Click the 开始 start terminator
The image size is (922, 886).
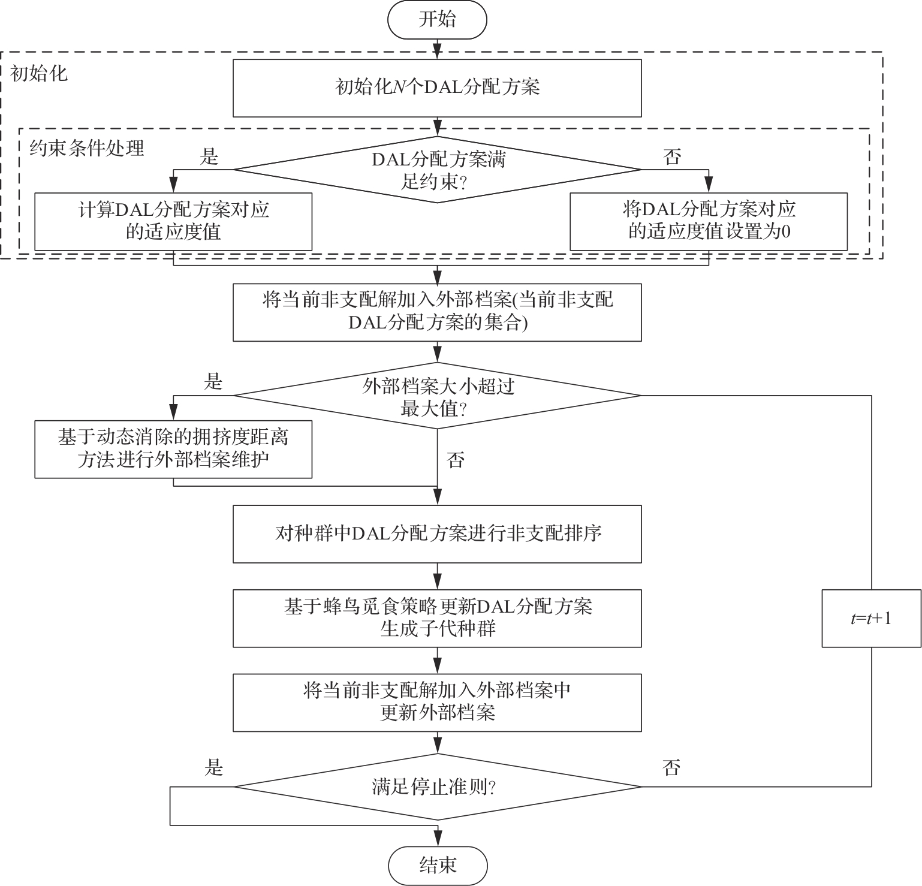(437, 20)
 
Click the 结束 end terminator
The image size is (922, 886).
(437, 865)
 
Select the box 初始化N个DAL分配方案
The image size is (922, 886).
(437, 88)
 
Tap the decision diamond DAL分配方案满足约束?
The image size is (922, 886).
(437, 170)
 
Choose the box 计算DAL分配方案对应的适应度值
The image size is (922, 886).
(173, 221)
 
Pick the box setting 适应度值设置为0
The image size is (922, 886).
(709, 221)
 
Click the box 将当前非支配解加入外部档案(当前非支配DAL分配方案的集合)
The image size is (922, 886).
(437, 312)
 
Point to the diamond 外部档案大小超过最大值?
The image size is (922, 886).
(437, 396)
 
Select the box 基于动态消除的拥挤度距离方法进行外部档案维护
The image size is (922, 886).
(173, 449)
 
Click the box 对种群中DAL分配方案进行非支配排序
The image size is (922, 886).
(437, 534)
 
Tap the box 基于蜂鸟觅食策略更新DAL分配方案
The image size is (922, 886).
(437, 618)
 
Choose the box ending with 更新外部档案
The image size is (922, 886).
(437, 703)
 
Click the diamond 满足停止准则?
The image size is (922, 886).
(437, 786)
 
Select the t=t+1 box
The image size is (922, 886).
(871, 618)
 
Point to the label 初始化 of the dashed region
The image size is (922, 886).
(40, 74)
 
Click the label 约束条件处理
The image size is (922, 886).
(88, 148)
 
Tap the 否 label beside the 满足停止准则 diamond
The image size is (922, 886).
(672, 767)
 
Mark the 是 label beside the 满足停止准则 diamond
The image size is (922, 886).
(214, 767)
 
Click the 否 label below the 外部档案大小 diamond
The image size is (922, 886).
(456, 460)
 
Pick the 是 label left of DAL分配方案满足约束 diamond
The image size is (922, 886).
(209, 157)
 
